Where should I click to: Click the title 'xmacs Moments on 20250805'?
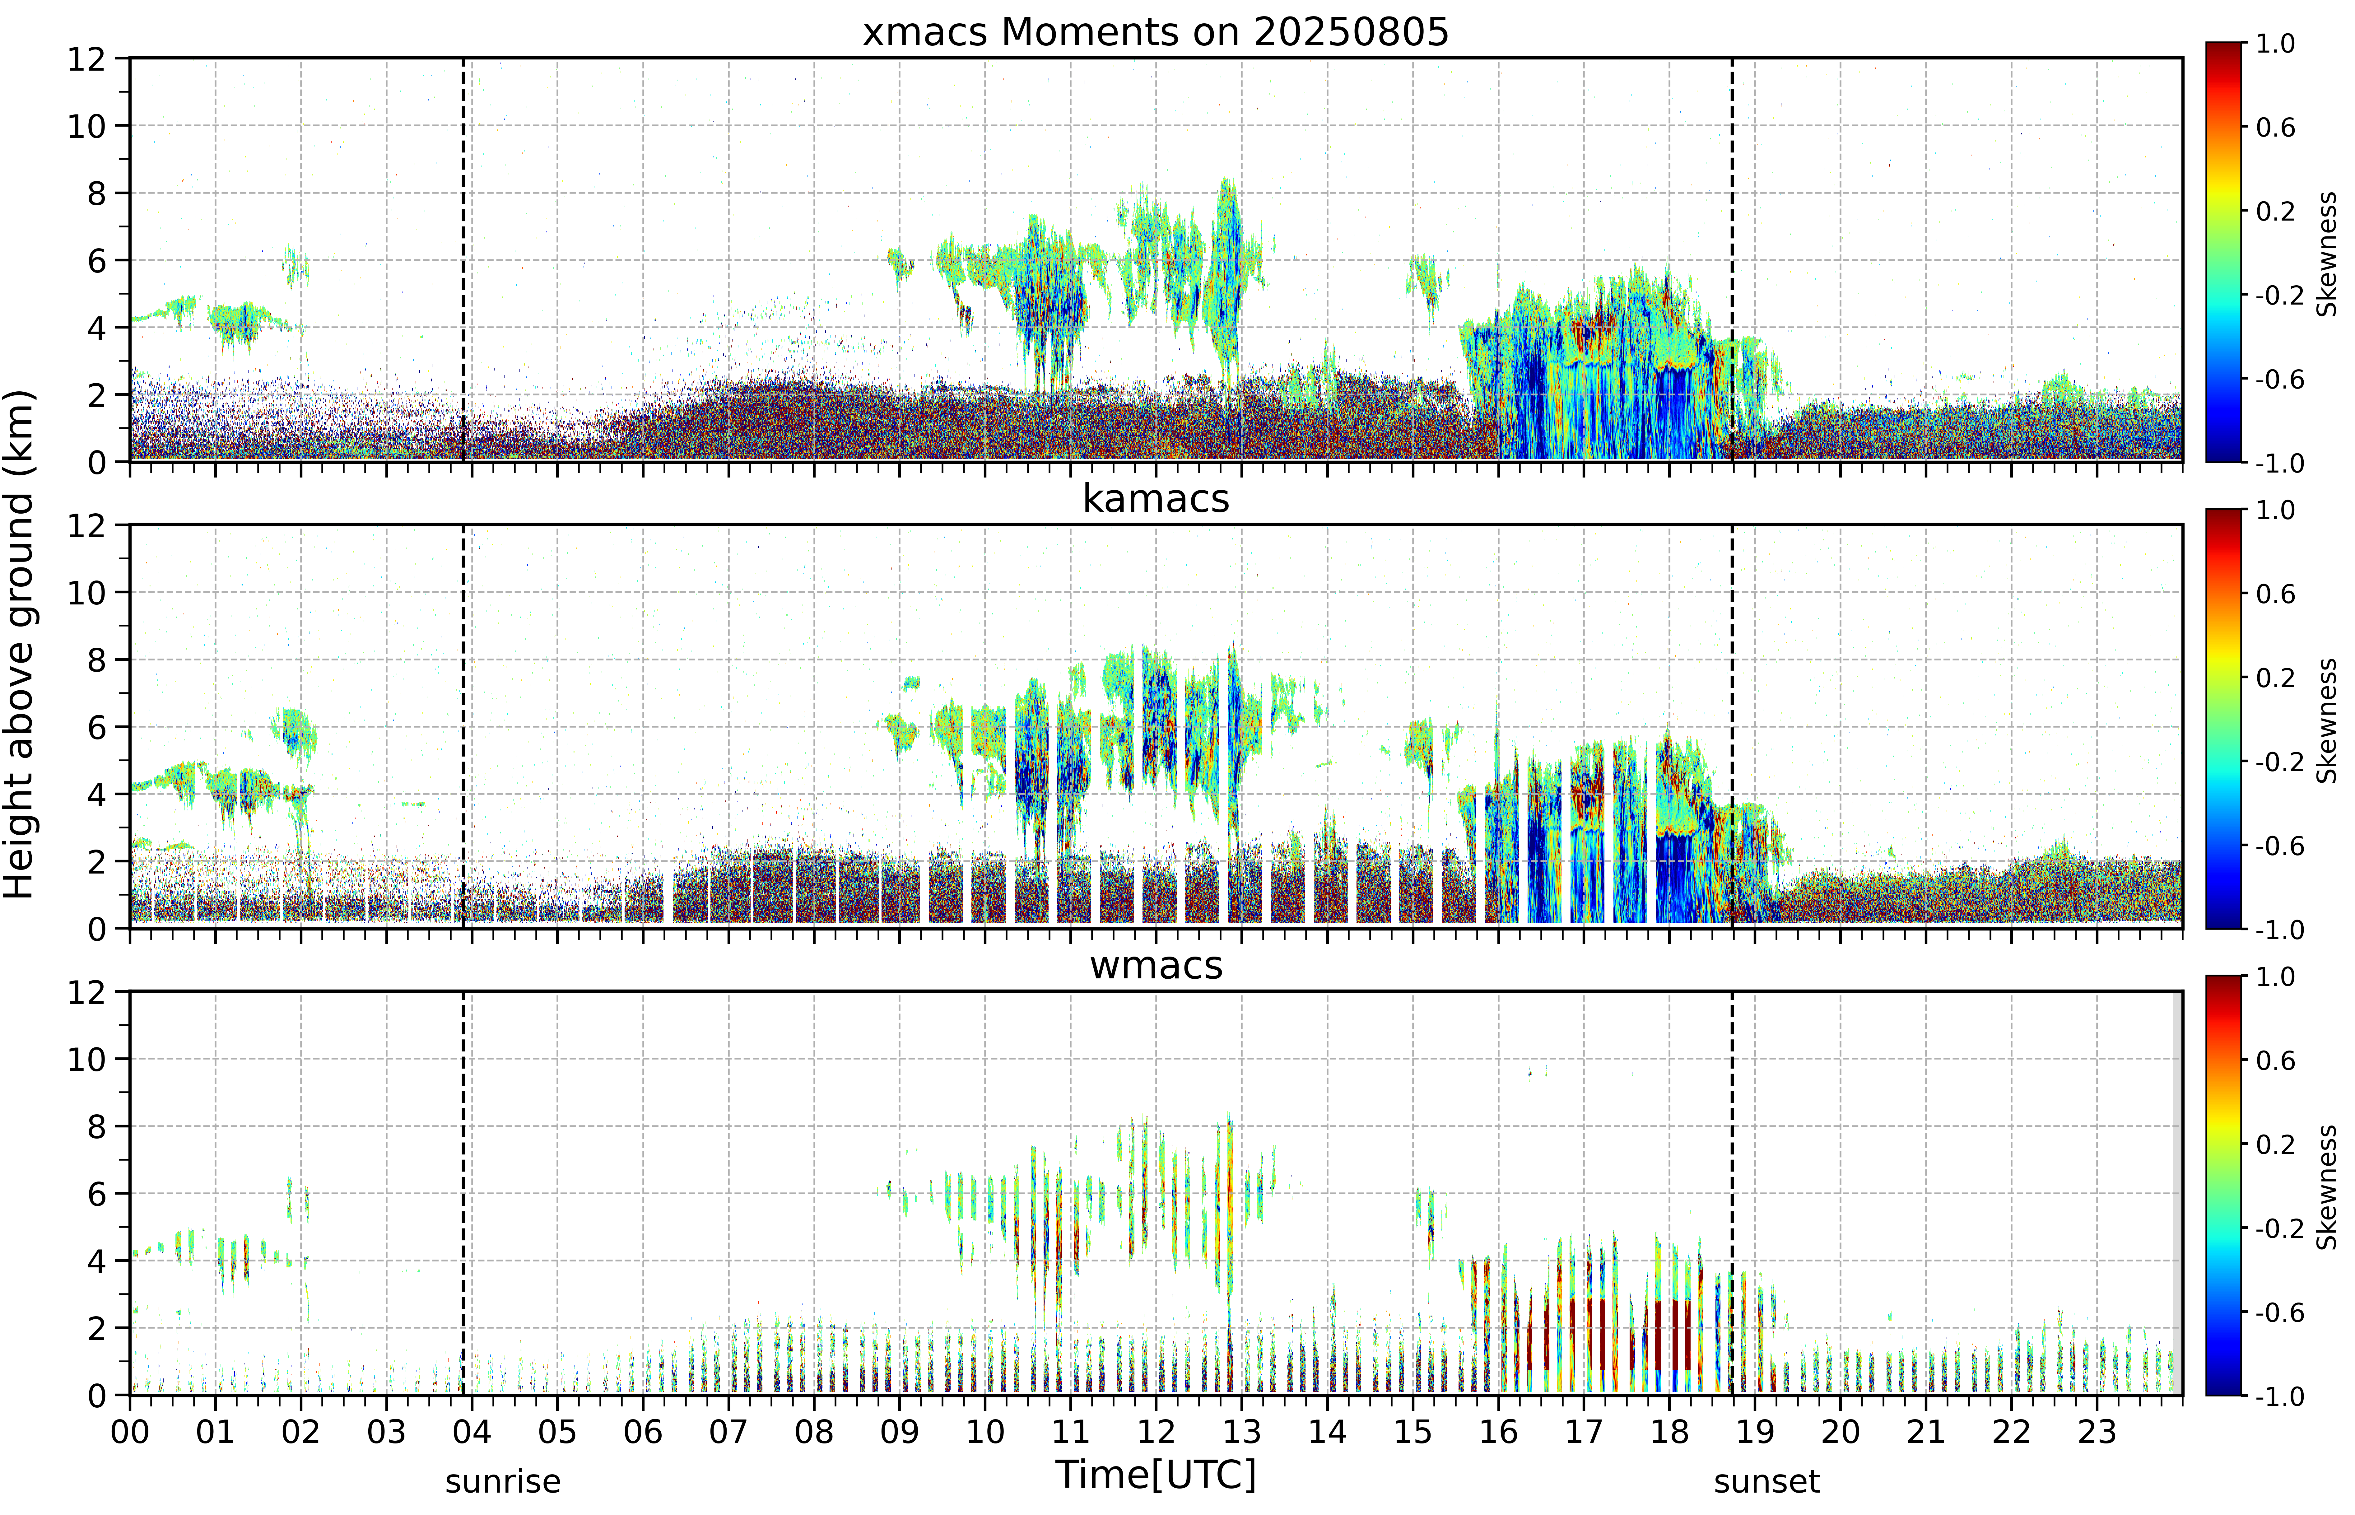click(1156, 32)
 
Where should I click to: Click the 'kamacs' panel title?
click(1156, 499)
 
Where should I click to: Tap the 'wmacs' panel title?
click(1156, 965)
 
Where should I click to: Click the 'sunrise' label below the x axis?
click(503, 1481)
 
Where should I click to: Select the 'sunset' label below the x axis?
click(1767, 1481)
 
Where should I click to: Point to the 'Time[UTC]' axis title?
click(1156, 1475)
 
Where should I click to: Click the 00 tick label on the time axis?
click(130, 1431)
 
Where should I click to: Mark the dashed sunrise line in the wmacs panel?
click(463, 1193)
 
